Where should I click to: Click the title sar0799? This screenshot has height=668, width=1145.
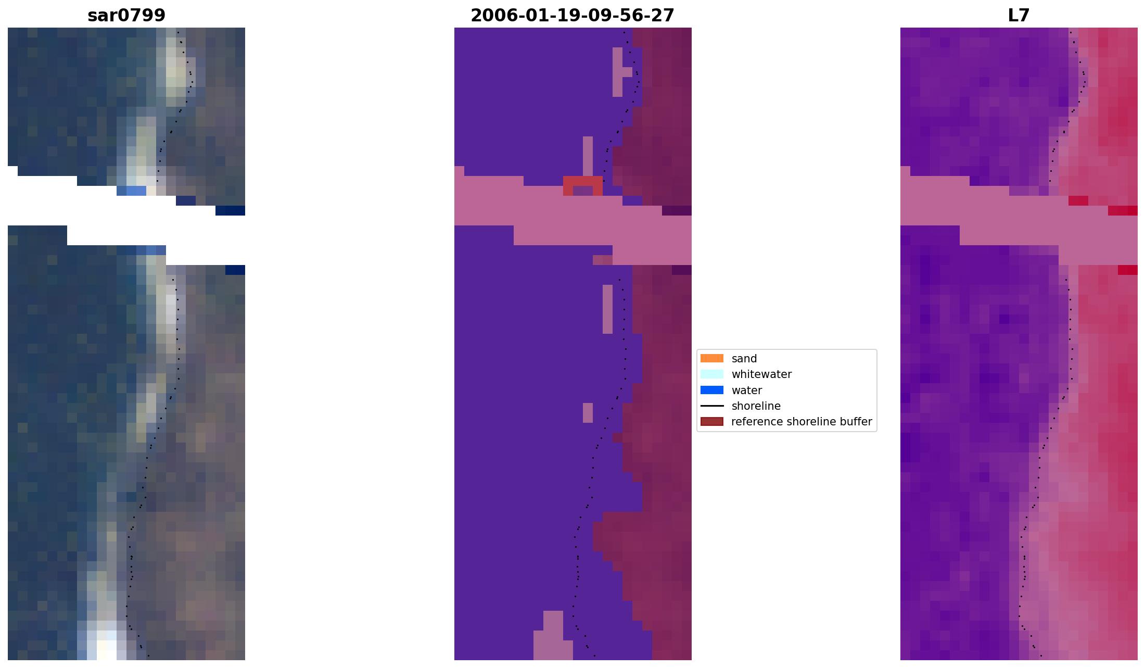[x=126, y=16]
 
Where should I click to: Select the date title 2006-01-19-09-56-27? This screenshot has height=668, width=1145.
[x=572, y=16]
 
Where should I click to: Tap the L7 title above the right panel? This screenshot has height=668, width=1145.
[x=1019, y=16]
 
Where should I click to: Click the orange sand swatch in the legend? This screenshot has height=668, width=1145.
[x=711, y=358]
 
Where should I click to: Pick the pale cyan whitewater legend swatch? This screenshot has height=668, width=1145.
[x=711, y=374]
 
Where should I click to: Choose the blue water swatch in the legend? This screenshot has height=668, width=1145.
[x=711, y=390]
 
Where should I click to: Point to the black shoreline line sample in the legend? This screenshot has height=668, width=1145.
[x=711, y=406]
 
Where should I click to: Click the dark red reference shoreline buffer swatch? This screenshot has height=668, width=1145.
[x=711, y=422]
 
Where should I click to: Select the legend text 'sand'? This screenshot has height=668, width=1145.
[x=744, y=359]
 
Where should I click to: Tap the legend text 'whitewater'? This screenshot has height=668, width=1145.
[x=761, y=374]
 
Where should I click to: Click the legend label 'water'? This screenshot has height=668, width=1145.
[x=746, y=390]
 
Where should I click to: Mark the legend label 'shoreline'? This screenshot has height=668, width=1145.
[x=756, y=406]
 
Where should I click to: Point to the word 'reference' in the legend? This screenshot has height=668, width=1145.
[x=755, y=422]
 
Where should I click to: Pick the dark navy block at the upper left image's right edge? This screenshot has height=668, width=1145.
[x=230, y=210]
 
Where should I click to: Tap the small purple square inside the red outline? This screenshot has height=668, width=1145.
[x=582, y=191]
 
